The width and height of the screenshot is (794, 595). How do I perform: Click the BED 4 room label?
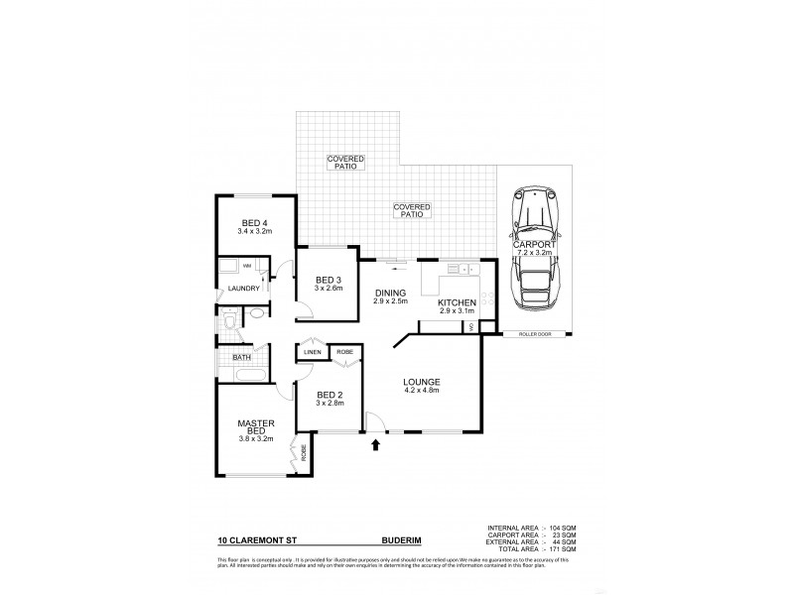click(255, 222)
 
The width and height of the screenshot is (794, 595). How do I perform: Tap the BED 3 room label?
click(329, 281)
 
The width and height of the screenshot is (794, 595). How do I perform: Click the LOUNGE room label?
click(421, 382)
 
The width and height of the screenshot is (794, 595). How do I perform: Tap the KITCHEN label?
click(458, 302)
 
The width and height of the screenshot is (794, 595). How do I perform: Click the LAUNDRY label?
click(243, 289)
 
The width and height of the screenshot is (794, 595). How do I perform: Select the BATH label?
click(241, 357)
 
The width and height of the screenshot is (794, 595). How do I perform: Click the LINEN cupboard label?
click(312, 352)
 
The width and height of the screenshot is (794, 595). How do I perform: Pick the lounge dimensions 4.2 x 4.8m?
click(421, 391)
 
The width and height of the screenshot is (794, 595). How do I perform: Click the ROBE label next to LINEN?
click(343, 352)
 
